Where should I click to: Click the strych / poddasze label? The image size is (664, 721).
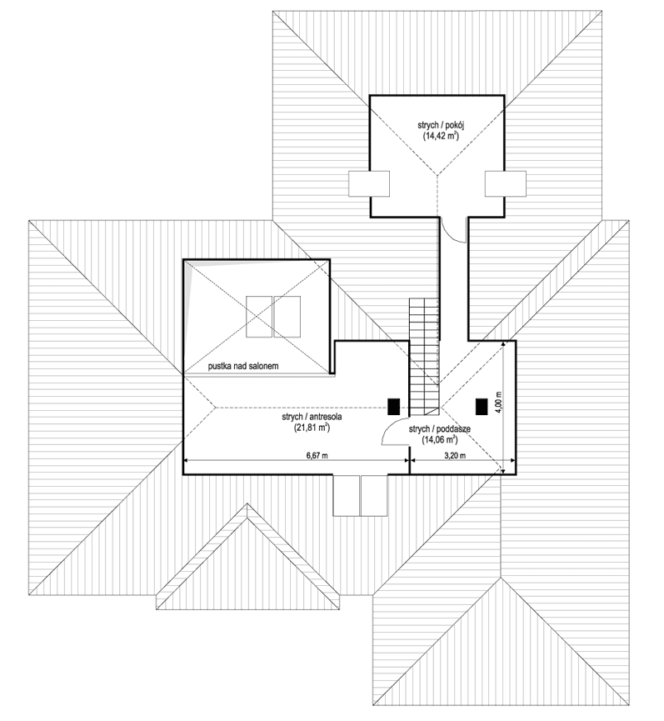[x=440, y=428]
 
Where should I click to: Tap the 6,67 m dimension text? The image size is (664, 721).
[x=311, y=455]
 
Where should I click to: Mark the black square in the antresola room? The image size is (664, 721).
[x=394, y=407]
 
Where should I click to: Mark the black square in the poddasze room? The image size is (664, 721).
[x=481, y=407]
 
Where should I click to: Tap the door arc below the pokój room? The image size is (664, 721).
[x=452, y=230]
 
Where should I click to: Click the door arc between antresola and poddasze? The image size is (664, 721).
[x=394, y=433]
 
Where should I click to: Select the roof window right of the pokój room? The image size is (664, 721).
[x=506, y=183]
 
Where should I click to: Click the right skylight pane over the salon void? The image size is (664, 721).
[x=287, y=316]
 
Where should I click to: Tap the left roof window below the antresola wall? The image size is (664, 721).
[x=346, y=495]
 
